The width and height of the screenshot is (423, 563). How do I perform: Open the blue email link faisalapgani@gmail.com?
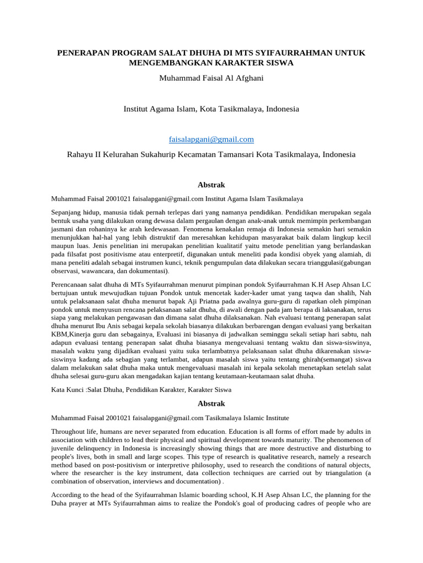tap(211, 140)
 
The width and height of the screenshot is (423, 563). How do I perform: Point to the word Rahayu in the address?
tap(80, 154)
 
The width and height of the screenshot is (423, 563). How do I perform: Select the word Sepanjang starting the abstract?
tap(68, 212)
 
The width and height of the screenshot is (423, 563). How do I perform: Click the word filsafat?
tap(73, 254)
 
